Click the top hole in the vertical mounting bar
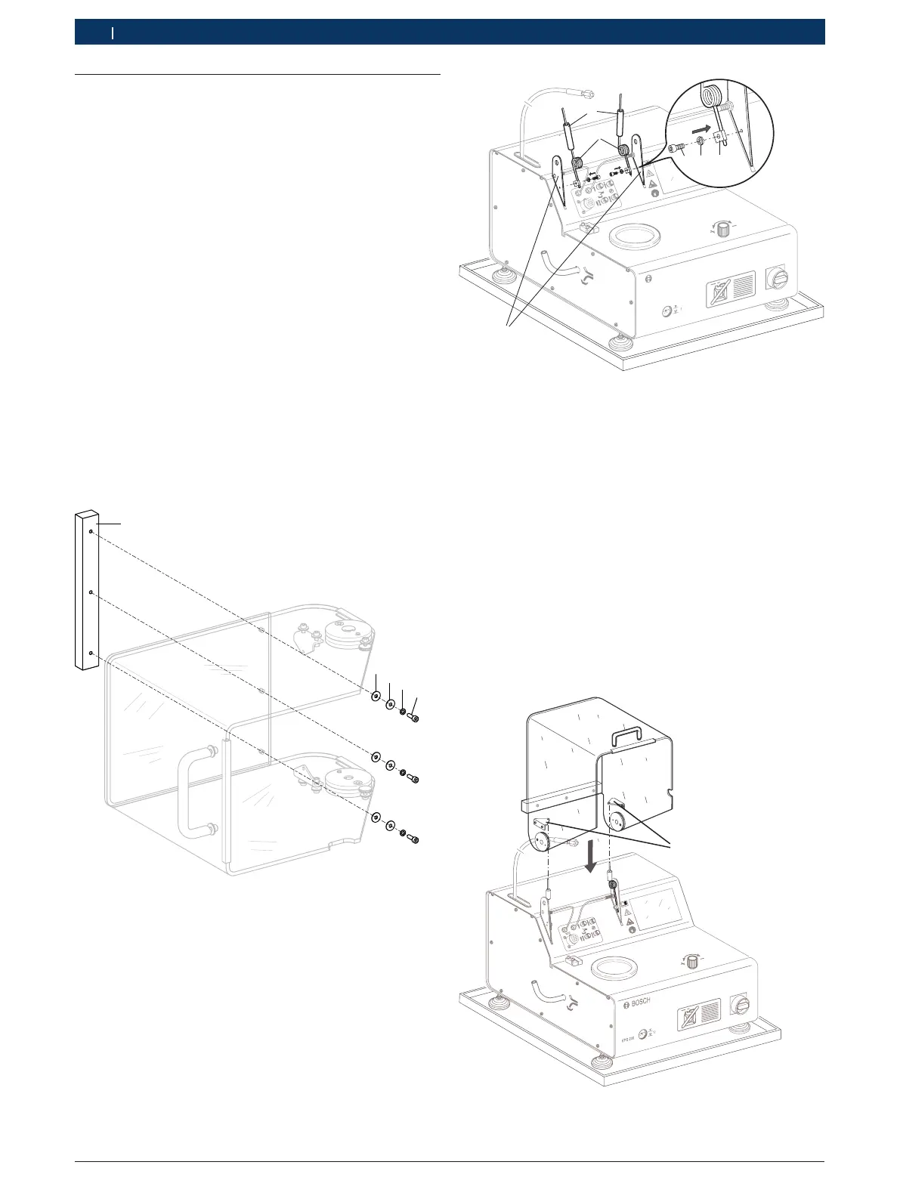91,533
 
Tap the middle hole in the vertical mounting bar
91,593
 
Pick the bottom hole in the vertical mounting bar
91,652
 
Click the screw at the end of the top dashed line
414,717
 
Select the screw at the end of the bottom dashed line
414,839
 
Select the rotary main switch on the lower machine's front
743,1004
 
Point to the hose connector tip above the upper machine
586,93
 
